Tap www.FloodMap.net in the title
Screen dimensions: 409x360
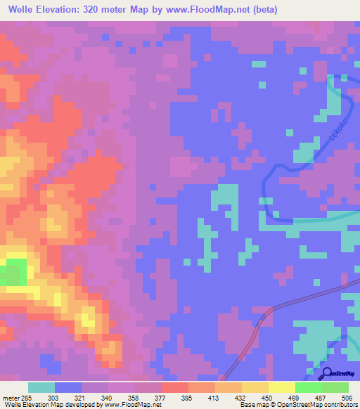click(213, 10)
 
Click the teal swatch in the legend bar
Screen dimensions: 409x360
click(41, 387)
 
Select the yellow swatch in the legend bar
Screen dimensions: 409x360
click(255, 387)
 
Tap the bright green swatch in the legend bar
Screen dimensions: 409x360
click(308, 387)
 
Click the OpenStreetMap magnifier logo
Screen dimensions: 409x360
click(326, 373)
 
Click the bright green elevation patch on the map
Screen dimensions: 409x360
click(15, 271)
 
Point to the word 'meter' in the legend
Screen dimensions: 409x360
click(10, 397)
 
